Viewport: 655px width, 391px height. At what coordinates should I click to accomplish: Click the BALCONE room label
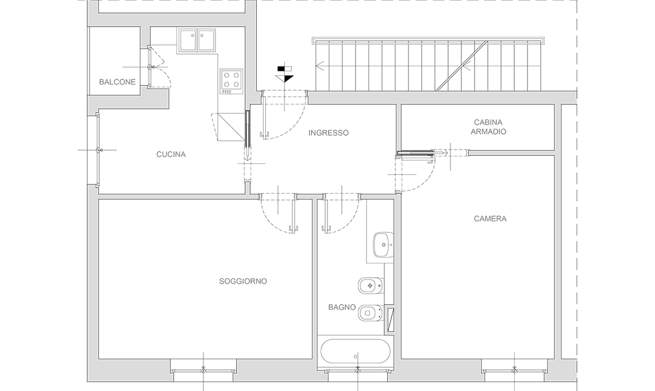(x=117, y=82)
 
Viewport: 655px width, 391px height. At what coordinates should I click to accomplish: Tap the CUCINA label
(x=171, y=154)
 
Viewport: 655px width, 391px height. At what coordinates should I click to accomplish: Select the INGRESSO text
(x=328, y=133)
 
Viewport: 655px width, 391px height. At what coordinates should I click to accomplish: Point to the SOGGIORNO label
(x=243, y=281)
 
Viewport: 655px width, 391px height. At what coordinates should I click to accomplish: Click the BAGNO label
(x=342, y=308)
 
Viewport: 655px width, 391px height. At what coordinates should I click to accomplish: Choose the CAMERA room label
(x=490, y=218)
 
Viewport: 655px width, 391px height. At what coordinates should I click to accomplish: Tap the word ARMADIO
(x=488, y=132)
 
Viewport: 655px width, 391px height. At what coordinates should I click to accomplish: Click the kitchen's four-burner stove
(x=232, y=82)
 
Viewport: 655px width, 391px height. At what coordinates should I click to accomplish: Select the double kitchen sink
(x=196, y=41)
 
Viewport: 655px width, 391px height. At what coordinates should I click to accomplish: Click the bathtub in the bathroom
(x=356, y=351)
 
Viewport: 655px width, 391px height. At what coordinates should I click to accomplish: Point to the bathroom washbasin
(x=383, y=244)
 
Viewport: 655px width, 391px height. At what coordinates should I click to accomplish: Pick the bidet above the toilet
(x=371, y=286)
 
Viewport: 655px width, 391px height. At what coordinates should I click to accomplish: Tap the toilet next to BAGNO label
(x=371, y=312)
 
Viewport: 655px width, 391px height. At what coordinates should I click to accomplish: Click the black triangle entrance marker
(x=285, y=79)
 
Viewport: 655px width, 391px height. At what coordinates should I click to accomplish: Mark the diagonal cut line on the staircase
(x=461, y=66)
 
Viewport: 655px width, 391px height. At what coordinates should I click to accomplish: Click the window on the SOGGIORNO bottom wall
(x=203, y=370)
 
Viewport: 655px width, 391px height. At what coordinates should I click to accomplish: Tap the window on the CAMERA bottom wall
(x=514, y=370)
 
